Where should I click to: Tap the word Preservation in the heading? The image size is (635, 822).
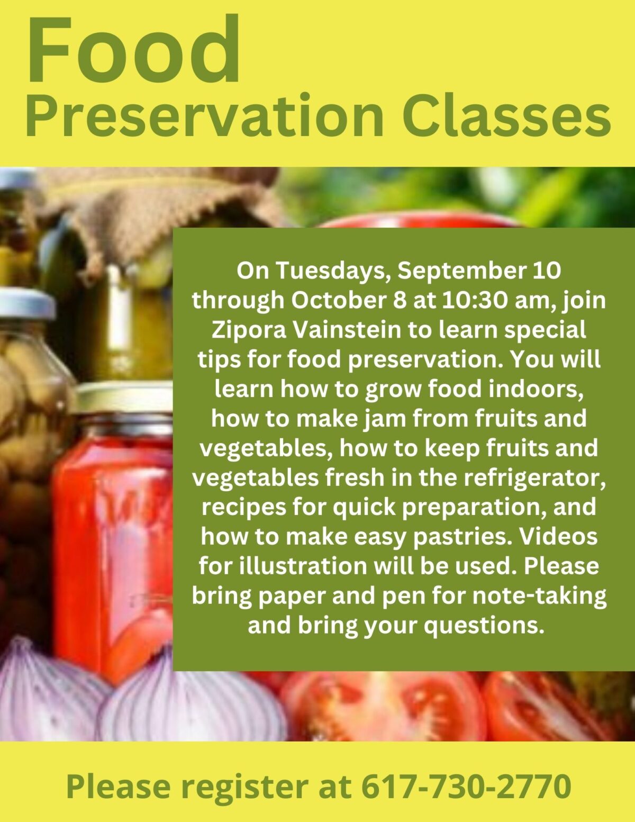[x=205, y=115]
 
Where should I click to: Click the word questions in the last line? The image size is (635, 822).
[x=484, y=627]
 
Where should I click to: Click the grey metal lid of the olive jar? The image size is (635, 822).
[x=27, y=303]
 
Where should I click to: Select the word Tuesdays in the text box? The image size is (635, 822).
[x=333, y=271]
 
